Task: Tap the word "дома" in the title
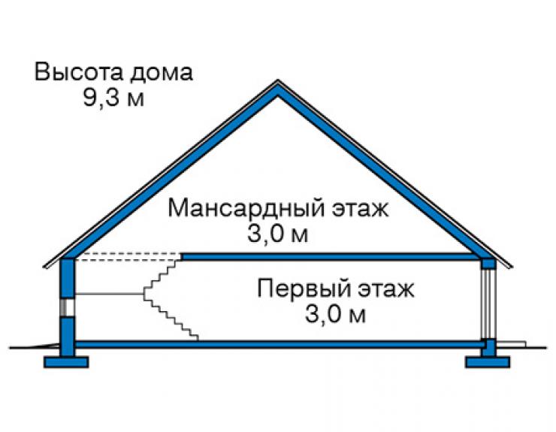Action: [x=162, y=74]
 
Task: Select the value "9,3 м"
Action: [x=113, y=98]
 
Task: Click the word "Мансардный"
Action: [x=246, y=209]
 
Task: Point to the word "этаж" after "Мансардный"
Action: [x=360, y=210]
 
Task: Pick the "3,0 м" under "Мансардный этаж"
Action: [x=278, y=234]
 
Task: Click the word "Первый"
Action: [x=302, y=289]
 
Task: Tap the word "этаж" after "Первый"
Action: [x=385, y=289]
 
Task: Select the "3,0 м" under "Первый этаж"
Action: [x=335, y=314]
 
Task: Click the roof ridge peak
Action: [x=278, y=80]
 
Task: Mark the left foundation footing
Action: [x=66, y=362]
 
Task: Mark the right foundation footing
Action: [x=488, y=362]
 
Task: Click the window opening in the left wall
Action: [x=67, y=307]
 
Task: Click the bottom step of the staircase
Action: [x=195, y=337]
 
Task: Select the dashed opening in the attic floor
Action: [x=128, y=257]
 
